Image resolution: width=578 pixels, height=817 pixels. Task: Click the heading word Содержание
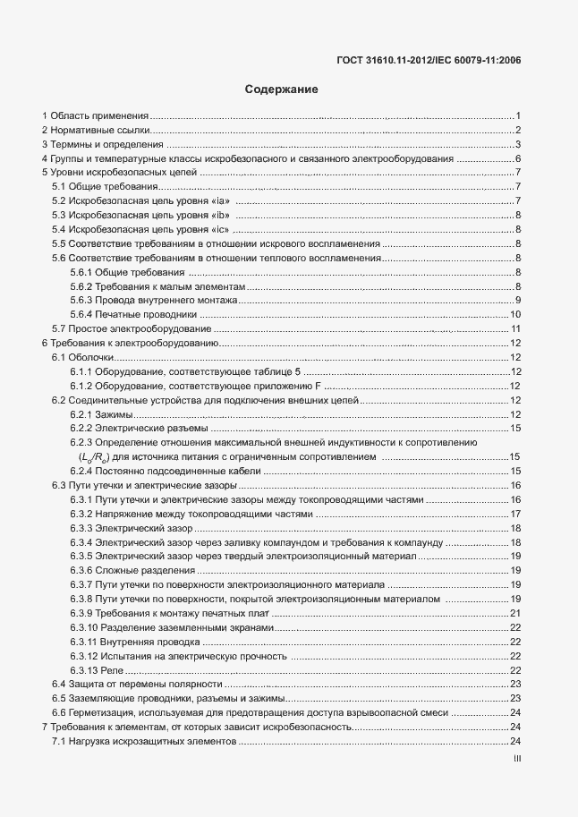pos(281,90)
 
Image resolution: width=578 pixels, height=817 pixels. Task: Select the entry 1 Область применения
pos(95,116)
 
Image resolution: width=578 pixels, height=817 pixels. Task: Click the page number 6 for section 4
pos(518,159)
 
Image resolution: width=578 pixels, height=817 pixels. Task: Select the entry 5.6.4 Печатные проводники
pos(133,315)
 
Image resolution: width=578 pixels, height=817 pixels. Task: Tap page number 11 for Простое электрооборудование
pos(516,329)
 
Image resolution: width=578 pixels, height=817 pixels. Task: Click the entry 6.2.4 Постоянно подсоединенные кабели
pos(165,472)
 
